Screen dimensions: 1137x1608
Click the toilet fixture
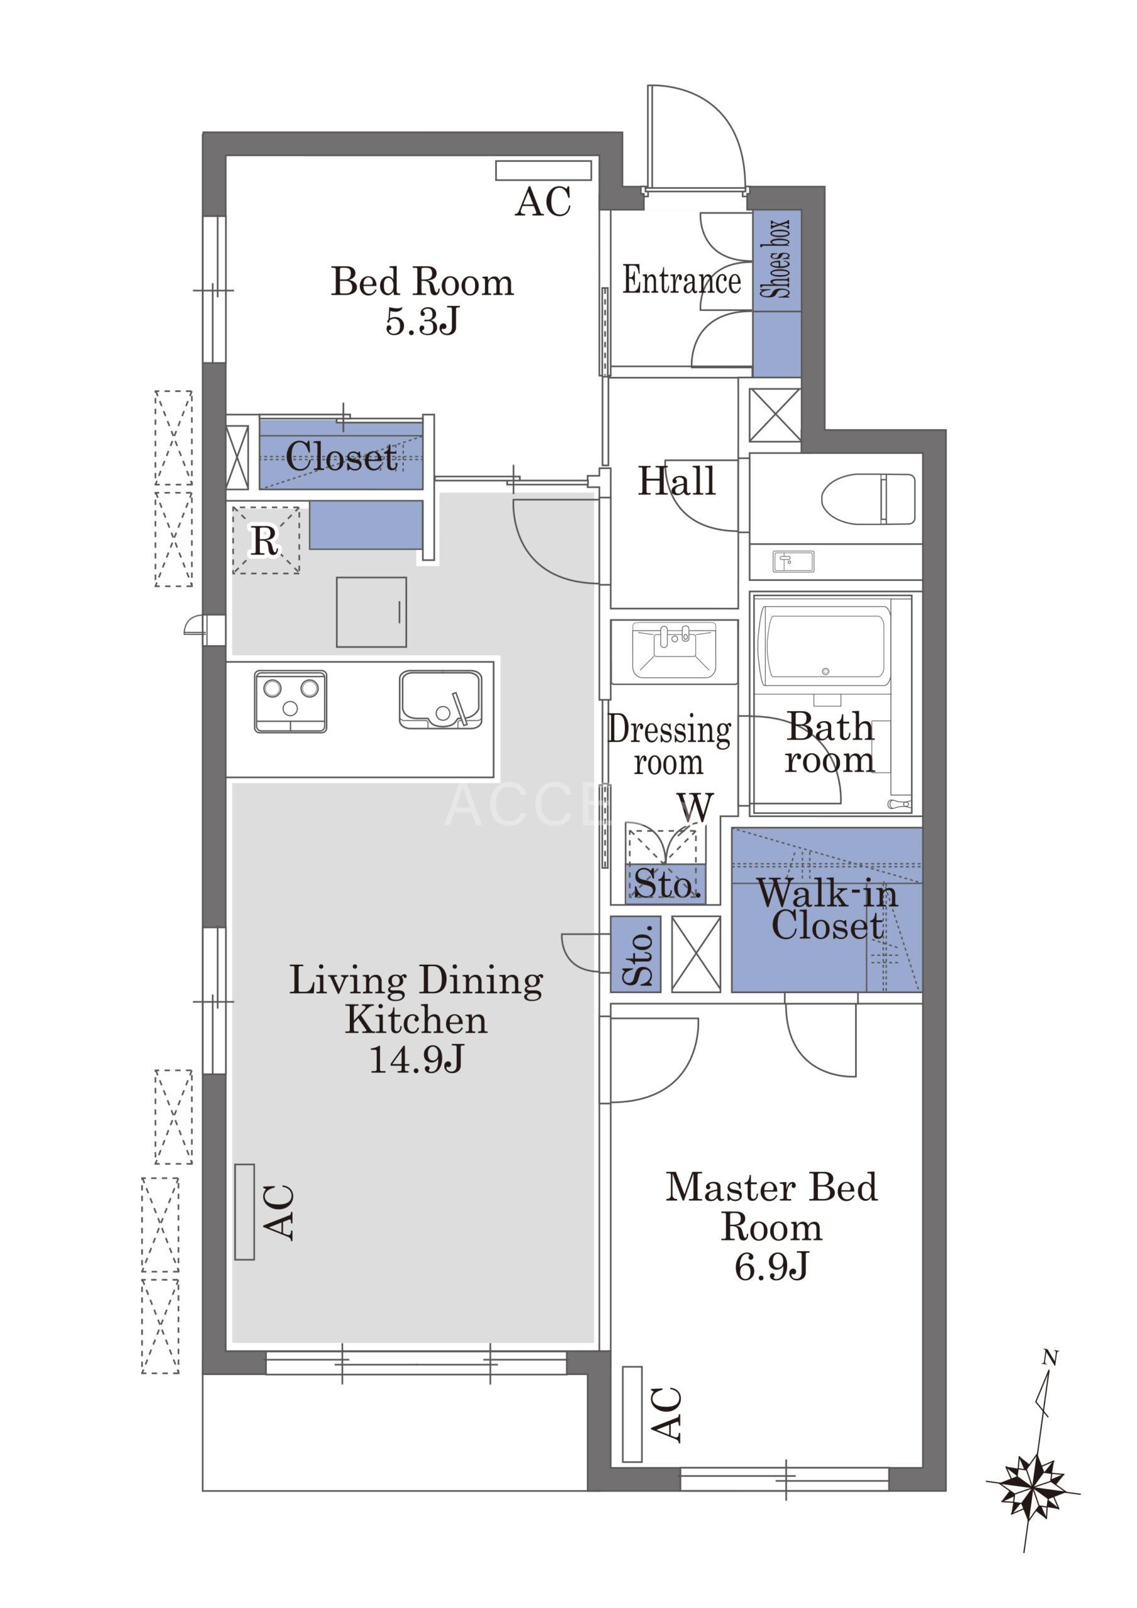pos(868,498)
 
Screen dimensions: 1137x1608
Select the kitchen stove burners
pos(290,701)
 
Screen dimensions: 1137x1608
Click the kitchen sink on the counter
pos(440,700)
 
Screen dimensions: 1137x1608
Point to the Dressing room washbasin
pos(674,651)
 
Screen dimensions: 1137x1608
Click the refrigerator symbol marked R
pos(266,541)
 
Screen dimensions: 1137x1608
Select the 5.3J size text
pos(422,322)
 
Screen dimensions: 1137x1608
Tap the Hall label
pos(676,481)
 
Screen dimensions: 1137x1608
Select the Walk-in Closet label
pos(827,909)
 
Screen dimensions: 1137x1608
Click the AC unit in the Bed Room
pos(543,171)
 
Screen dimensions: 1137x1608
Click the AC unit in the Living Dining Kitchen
pos(244,1212)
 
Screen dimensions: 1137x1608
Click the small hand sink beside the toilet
pos(793,561)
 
